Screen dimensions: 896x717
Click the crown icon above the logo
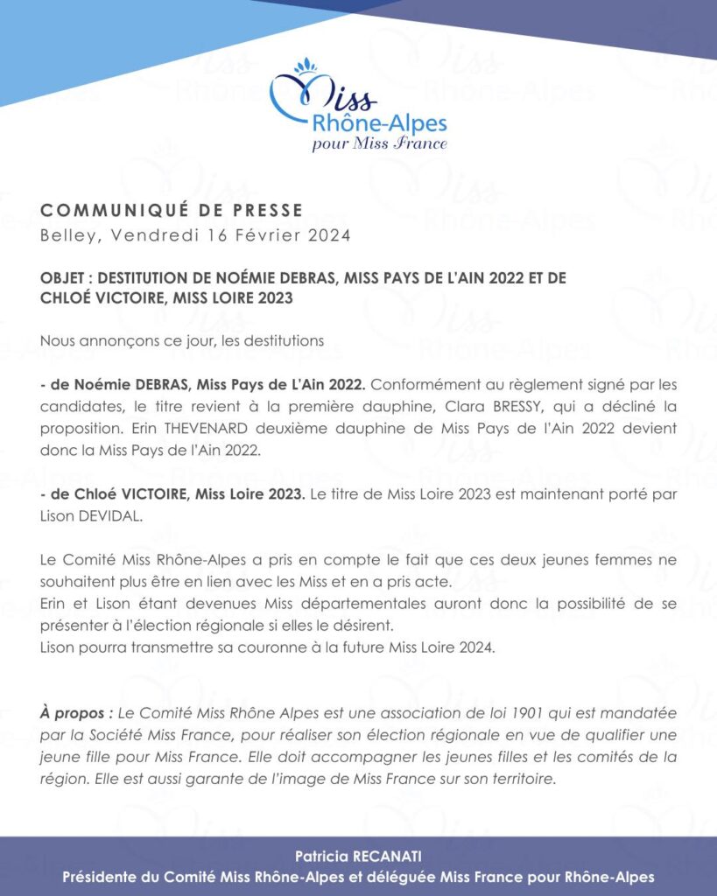(306, 66)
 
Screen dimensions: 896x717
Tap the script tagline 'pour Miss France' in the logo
(379, 143)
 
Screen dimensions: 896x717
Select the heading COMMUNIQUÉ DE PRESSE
(172, 210)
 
